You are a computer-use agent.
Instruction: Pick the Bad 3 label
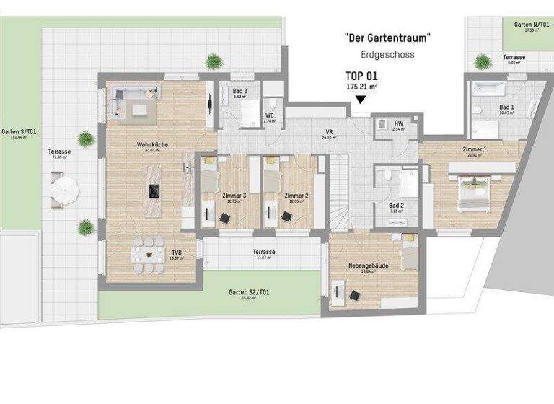(240, 91)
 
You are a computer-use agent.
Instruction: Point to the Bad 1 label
(507, 106)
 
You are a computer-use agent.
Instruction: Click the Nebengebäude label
(373, 265)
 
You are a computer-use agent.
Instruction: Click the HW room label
(398, 123)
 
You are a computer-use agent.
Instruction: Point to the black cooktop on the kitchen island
(154, 190)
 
